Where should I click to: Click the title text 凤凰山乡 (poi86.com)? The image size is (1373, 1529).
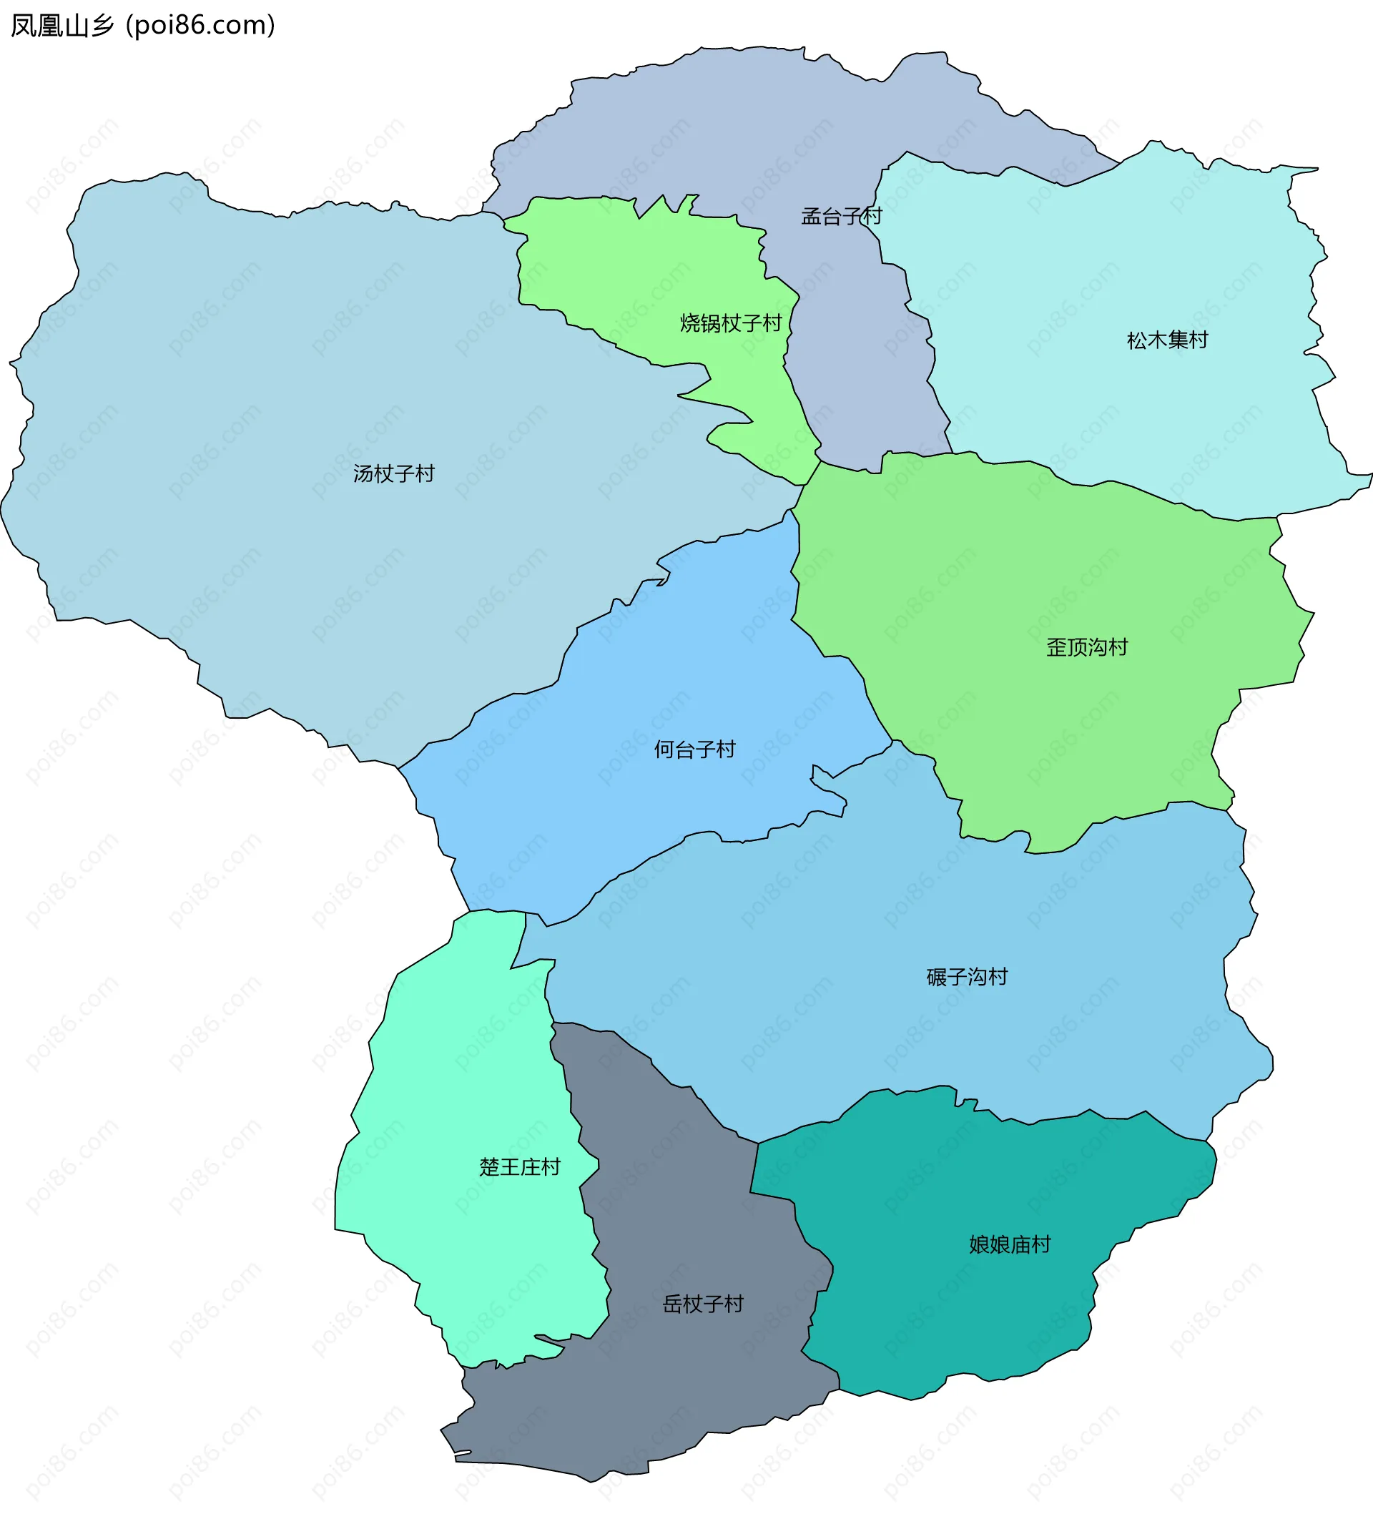tap(143, 26)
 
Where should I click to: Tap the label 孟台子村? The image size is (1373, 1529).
tap(841, 217)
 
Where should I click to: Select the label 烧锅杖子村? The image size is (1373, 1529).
tap(730, 323)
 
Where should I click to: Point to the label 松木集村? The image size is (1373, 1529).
tap(1167, 341)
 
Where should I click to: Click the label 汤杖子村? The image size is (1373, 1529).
tap(394, 473)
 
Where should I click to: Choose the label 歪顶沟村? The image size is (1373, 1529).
tap(1086, 647)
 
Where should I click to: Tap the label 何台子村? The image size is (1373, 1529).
tap(694, 749)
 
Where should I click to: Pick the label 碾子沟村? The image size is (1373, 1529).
tap(966, 978)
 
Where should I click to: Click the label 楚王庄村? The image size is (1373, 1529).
tap(520, 1168)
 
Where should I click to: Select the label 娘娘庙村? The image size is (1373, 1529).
tap(1010, 1244)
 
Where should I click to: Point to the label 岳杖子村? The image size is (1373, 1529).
tap(702, 1304)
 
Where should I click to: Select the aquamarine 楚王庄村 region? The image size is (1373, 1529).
tap(468, 1093)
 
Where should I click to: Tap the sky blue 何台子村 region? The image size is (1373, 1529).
tap(641, 815)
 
